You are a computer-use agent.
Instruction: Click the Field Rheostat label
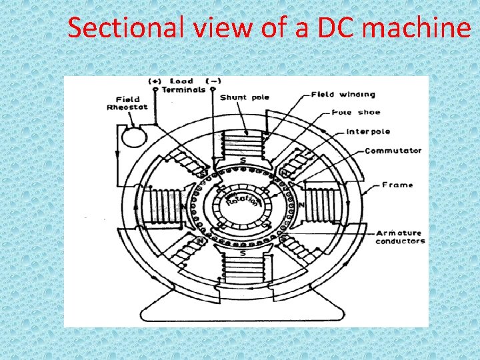123,103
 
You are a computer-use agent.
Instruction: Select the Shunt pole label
245,97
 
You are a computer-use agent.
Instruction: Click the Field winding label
343,95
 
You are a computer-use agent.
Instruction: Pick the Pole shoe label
353,112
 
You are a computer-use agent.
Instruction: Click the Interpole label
368,131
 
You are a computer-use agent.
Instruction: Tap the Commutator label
393,151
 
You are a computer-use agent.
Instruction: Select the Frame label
397,185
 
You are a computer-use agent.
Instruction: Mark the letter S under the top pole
243,160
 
